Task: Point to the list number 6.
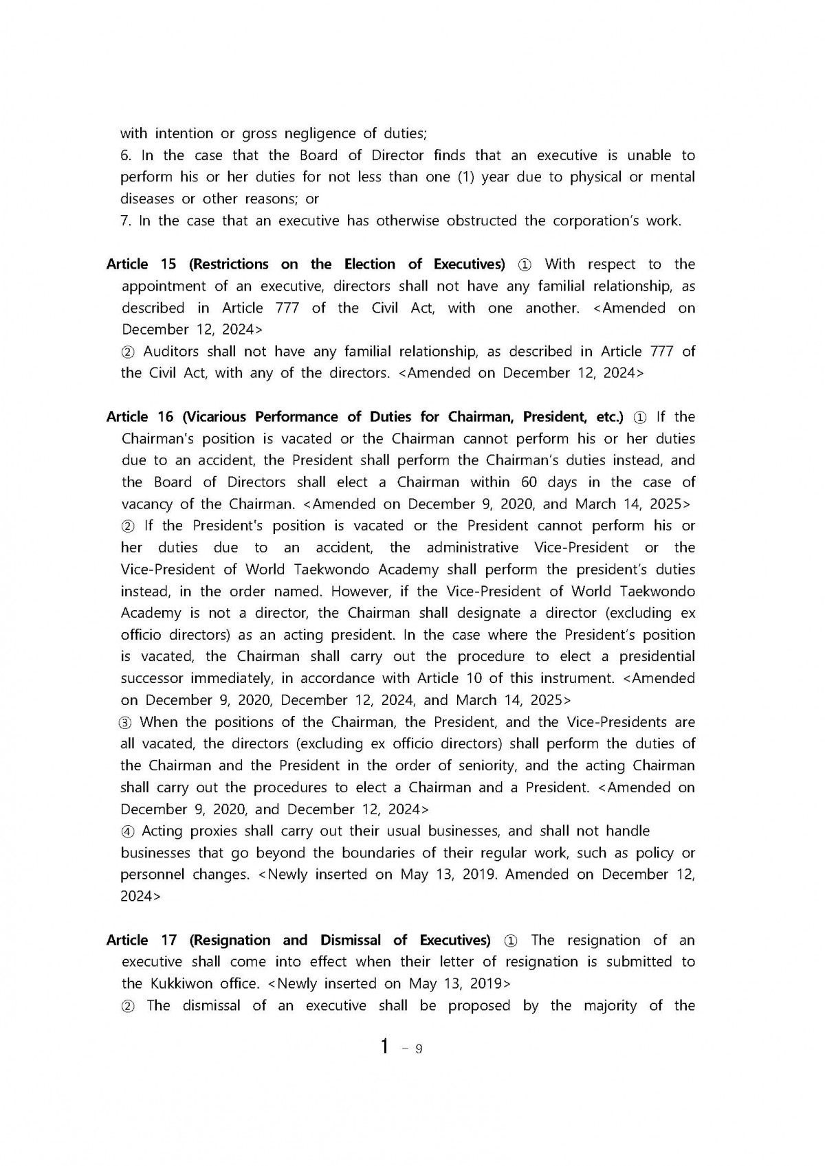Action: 126,155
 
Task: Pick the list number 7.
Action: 126,221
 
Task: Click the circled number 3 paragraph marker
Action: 126,722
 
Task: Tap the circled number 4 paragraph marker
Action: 127,831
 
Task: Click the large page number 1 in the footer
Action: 386,1046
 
